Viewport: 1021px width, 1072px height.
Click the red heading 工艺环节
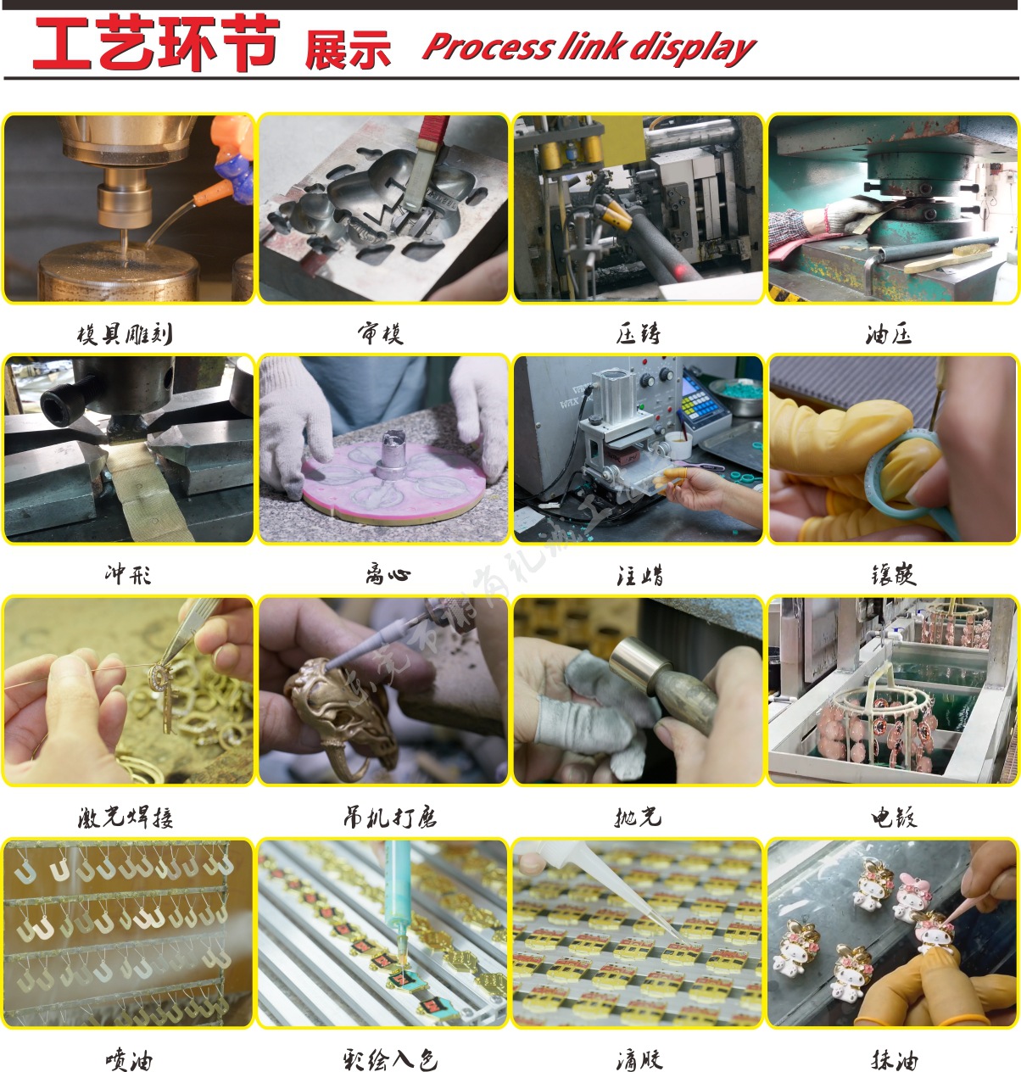click(156, 44)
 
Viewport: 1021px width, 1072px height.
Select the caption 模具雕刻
click(125, 334)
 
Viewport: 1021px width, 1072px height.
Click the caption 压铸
click(638, 334)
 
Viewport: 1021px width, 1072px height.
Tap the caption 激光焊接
click(126, 817)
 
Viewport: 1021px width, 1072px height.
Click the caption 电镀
click(893, 817)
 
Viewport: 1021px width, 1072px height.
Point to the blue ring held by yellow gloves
click(882, 475)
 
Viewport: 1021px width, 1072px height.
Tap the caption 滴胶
click(639, 1059)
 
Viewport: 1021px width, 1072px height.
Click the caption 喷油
click(129, 1059)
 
